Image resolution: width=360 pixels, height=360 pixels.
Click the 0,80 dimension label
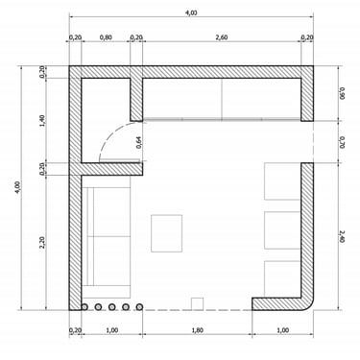(106, 37)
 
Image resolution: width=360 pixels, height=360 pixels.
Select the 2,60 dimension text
(222, 37)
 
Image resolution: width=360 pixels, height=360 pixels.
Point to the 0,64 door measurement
(138, 142)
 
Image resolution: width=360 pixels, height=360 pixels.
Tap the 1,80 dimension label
(198, 330)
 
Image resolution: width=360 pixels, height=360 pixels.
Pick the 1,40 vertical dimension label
(42, 121)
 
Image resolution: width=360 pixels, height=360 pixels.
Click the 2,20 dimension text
(42, 242)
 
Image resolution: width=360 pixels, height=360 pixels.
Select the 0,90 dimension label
(342, 93)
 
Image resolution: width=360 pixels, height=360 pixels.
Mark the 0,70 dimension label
(342, 142)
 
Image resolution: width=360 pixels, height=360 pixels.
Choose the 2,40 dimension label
(342, 236)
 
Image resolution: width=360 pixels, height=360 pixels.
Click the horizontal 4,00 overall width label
(191, 12)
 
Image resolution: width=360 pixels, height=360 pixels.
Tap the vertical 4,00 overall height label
(17, 187)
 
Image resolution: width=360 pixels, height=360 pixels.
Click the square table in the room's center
(167, 233)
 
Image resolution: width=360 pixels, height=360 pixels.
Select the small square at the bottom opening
(197, 303)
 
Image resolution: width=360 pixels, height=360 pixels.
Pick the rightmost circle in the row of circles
(139, 307)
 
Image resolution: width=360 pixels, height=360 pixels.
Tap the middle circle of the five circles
(111, 307)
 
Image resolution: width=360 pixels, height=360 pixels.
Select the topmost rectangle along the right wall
(282, 181)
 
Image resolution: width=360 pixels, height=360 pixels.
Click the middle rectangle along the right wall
(282, 229)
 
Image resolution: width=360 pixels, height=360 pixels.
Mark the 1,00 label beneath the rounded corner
(282, 330)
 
